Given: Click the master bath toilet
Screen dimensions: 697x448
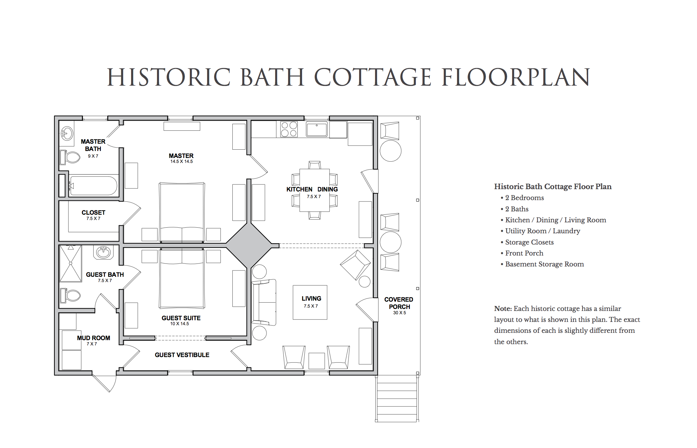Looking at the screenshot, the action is coord(70,157).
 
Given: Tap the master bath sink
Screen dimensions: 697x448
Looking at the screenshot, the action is coord(67,133).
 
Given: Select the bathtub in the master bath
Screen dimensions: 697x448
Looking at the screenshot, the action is coord(93,186).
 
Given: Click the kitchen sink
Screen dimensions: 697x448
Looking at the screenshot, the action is coord(317,129).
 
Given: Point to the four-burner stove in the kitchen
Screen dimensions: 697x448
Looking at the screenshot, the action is coord(289,129).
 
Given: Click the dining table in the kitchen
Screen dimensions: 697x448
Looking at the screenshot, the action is coord(314,190).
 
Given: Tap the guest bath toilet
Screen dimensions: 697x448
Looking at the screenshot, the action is coord(70,295).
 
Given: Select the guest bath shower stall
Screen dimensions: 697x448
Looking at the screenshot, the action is coord(70,263).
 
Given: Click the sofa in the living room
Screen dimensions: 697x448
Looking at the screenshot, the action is coord(264,302).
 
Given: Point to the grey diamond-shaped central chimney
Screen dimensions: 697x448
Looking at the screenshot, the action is coord(249,245).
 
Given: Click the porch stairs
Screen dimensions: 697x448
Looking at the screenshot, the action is coord(397,399).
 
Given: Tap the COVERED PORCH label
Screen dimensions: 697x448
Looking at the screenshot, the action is coord(399,303).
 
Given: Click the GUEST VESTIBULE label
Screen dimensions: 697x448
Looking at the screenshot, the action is coord(182,355).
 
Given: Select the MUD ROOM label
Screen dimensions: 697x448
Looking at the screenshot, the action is coord(94,338).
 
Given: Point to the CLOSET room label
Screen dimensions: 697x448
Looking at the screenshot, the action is coord(93,212).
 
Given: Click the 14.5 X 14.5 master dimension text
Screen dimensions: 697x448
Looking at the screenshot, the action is coord(182,162).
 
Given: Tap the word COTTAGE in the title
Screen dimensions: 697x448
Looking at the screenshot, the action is coord(373,77).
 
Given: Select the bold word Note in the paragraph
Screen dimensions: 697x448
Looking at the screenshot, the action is coord(503,309).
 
